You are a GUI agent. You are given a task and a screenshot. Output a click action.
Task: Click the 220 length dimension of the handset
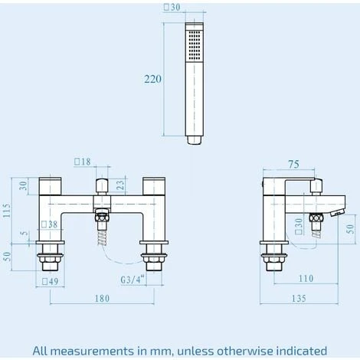153,79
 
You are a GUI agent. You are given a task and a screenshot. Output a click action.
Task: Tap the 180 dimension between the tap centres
102,299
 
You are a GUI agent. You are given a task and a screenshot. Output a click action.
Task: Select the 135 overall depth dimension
299,298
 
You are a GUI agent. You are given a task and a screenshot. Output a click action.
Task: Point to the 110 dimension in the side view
306,278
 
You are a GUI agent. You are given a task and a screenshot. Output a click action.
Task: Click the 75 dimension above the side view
293,164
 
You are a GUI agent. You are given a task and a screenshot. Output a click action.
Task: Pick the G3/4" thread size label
133,280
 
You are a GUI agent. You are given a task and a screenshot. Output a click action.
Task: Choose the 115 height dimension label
7,211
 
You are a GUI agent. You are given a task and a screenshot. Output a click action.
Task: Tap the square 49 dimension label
51,281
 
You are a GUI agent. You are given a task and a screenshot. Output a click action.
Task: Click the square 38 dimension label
50,224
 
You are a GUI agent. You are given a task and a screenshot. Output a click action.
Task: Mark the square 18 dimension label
82,162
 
